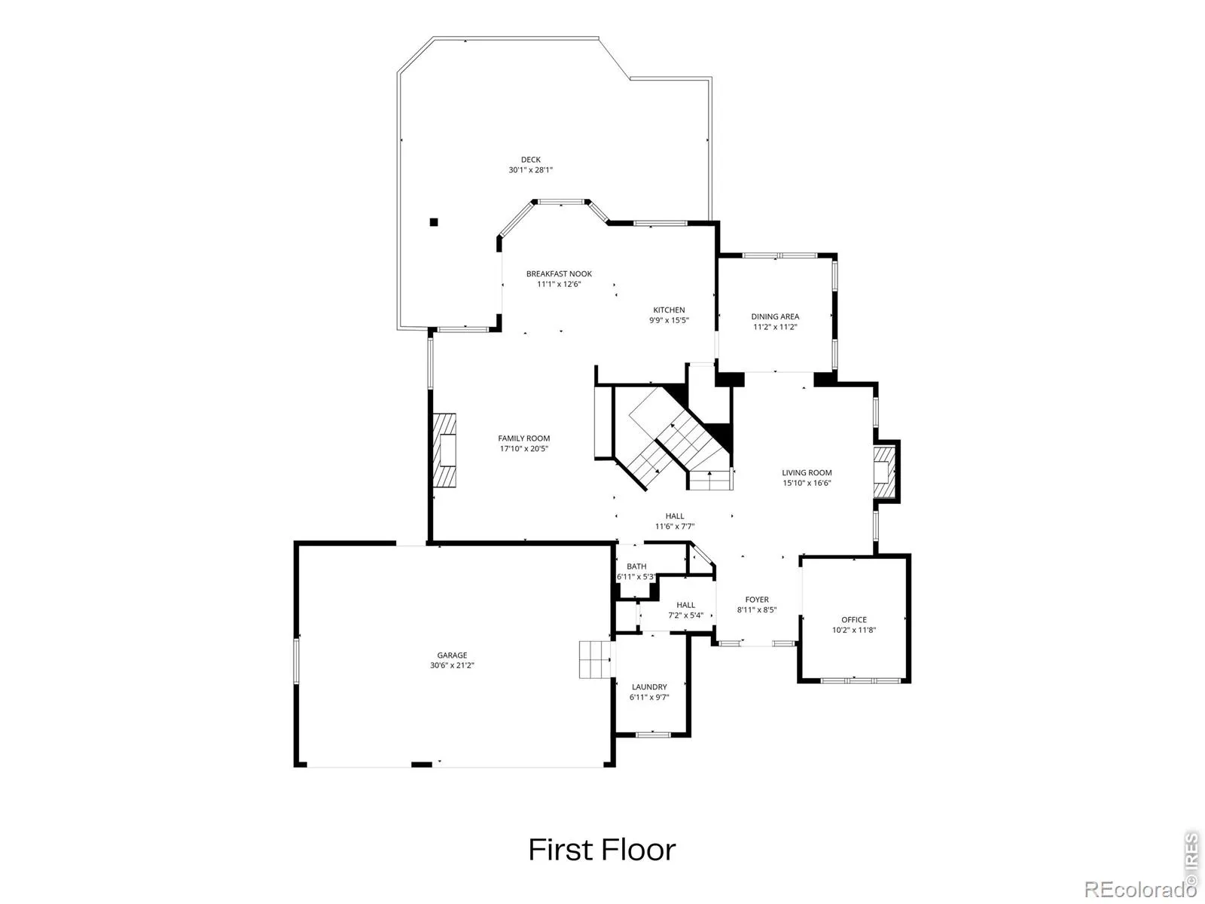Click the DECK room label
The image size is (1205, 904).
click(x=530, y=160)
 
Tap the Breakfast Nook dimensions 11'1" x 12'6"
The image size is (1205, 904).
click(x=558, y=284)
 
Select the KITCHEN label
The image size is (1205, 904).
click(x=669, y=310)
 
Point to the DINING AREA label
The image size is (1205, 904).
click(x=775, y=316)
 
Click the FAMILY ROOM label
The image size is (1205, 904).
click(x=523, y=438)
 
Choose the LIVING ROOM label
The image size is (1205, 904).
click(x=807, y=472)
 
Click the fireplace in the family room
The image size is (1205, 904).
click(x=444, y=450)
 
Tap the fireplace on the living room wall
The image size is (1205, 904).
click(x=884, y=472)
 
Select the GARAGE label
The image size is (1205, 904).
click(x=452, y=655)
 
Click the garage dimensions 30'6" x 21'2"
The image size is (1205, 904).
click(x=452, y=665)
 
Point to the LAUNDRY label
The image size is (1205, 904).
click(x=649, y=687)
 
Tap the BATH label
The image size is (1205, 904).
click(x=636, y=567)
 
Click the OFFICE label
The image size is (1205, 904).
click(x=853, y=620)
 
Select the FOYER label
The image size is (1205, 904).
click(x=756, y=600)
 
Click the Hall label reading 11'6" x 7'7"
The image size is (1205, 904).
click(x=675, y=527)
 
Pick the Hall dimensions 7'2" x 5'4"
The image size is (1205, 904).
click(x=685, y=615)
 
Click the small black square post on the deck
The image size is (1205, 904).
click(x=434, y=222)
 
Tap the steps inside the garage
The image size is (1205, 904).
click(x=594, y=659)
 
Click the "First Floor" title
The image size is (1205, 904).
click(x=602, y=851)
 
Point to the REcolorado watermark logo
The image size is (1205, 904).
click(x=1137, y=889)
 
